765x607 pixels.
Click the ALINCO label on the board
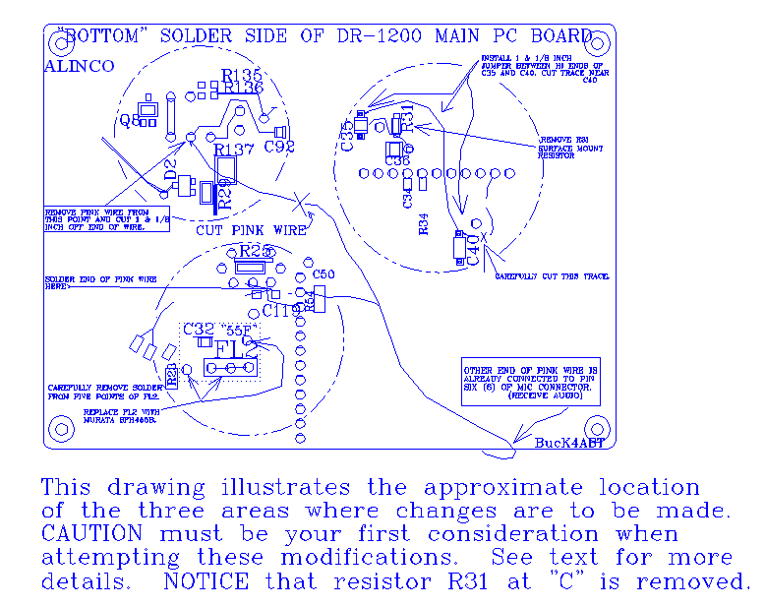point(79,66)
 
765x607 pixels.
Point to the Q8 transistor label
point(129,120)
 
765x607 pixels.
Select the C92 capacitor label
point(279,148)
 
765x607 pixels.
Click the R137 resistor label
point(234,150)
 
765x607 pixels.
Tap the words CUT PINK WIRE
point(251,229)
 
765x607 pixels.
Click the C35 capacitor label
point(347,136)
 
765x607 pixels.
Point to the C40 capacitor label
point(473,251)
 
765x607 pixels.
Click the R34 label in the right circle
point(424,223)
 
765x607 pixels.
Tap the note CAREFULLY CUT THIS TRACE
point(551,276)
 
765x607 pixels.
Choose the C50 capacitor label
point(324,273)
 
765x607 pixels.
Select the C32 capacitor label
point(198,329)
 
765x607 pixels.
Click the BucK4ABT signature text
point(571,444)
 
